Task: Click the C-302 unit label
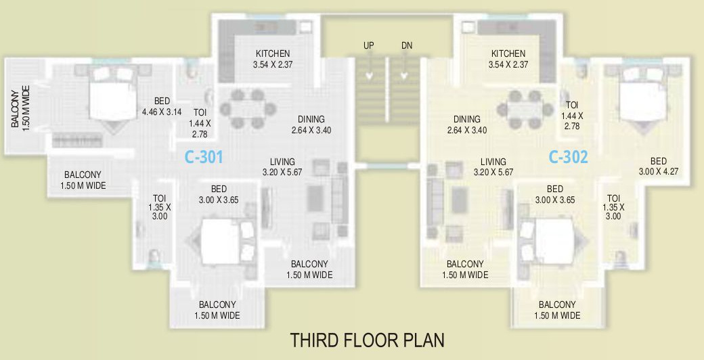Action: pyautogui.click(x=568, y=157)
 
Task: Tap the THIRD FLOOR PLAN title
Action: pyautogui.click(x=367, y=339)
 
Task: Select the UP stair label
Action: pyautogui.click(x=368, y=45)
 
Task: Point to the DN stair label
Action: pyautogui.click(x=406, y=45)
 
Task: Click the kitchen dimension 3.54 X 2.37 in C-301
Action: pyautogui.click(x=273, y=65)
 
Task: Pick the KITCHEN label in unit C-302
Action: pyautogui.click(x=508, y=54)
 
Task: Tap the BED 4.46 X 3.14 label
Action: pyautogui.click(x=162, y=107)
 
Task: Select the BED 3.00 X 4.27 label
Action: pyautogui.click(x=658, y=166)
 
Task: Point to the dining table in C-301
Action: pyautogui.click(x=247, y=108)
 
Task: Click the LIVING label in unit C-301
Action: pyautogui.click(x=282, y=166)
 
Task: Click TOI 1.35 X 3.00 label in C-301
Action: pyautogui.click(x=160, y=207)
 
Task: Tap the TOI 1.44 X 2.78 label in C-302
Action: pyautogui.click(x=573, y=116)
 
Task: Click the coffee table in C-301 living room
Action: pyautogui.click(x=317, y=199)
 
